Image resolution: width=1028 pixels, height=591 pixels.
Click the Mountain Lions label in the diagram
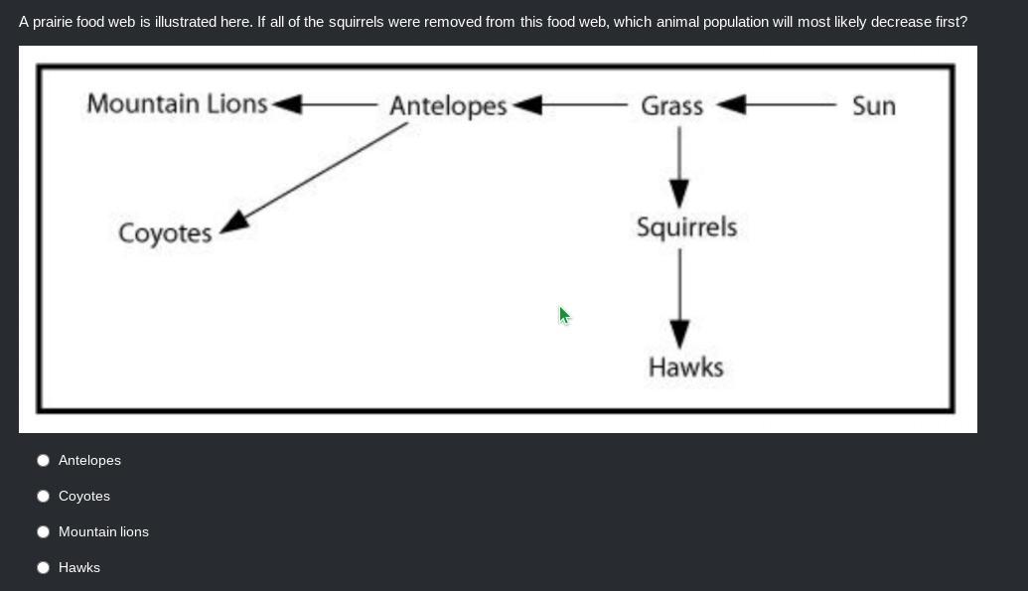177,103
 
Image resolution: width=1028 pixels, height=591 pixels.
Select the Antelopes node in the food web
448,105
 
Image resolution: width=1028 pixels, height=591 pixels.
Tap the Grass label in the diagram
671,105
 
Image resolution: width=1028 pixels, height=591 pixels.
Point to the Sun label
873,105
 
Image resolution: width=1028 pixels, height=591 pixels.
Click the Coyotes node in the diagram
165,233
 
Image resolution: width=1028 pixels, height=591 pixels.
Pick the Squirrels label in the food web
686,227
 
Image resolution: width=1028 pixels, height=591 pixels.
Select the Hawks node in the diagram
685,368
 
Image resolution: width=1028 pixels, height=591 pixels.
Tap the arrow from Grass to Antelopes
570,104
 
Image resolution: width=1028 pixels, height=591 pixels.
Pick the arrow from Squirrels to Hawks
679,297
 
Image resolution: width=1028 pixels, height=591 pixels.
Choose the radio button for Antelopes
43,460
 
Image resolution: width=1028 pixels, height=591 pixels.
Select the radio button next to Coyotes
43,496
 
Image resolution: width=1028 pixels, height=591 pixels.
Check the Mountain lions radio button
43,531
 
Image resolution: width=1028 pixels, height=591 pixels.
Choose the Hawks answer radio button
43,567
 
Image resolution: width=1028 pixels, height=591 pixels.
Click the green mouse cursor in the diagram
563,315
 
